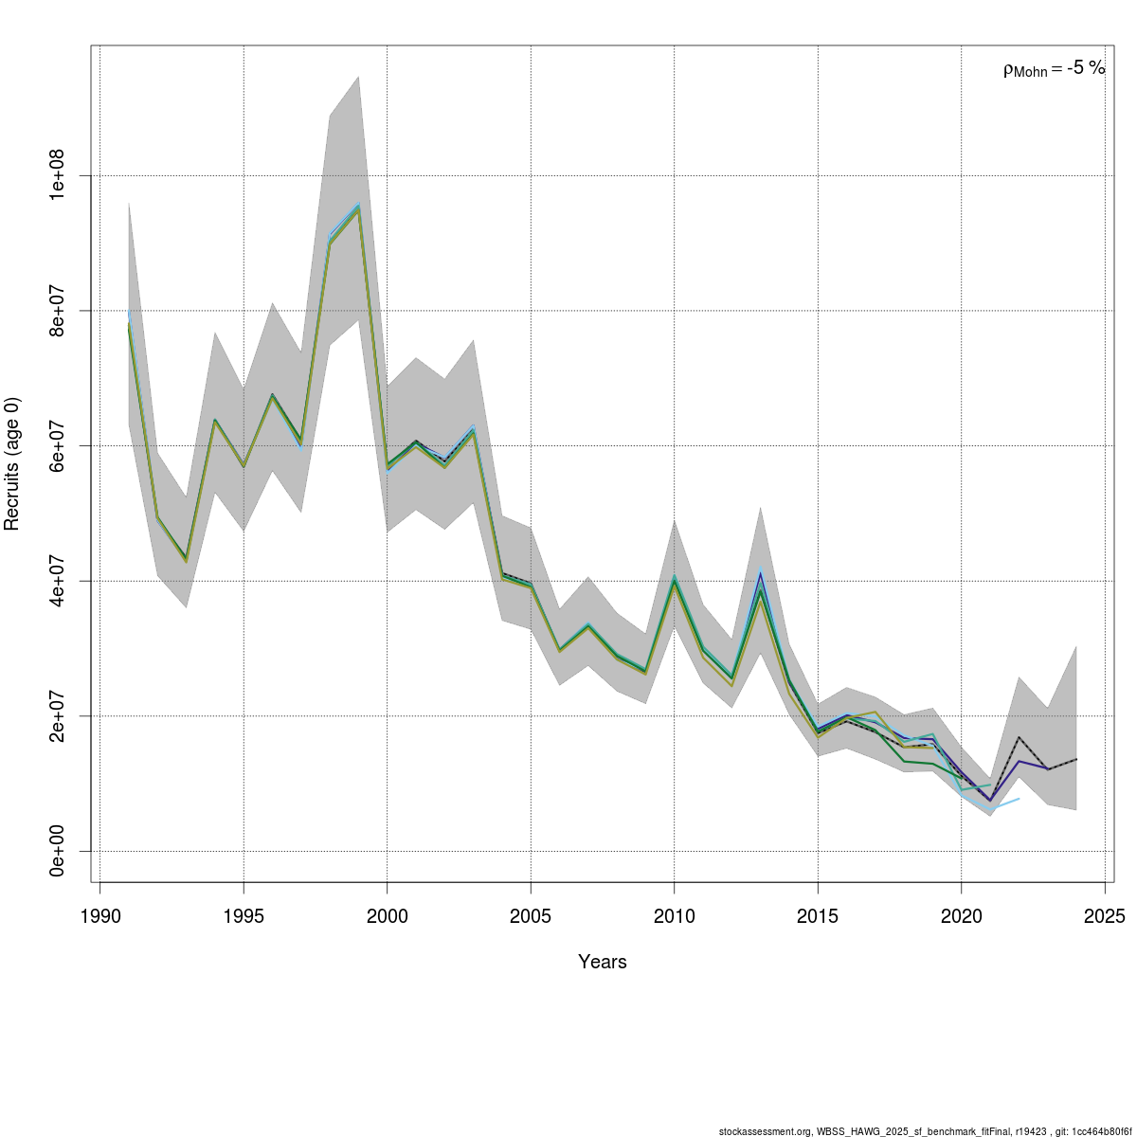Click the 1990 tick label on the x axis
click(x=100, y=916)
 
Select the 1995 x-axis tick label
click(x=244, y=916)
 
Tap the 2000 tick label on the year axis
click(x=387, y=916)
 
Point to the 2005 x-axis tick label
click(x=531, y=916)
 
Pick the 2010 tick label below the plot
click(x=674, y=916)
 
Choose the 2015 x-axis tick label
click(x=817, y=916)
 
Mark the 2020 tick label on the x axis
click(x=961, y=916)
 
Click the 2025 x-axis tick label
click(x=1104, y=916)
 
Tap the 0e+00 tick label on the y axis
click(x=57, y=851)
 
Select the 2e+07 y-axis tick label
click(x=57, y=715)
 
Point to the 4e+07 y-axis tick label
click(x=57, y=581)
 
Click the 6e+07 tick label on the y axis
click(x=57, y=445)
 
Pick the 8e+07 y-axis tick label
click(x=57, y=311)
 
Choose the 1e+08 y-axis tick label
click(x=57, y=175)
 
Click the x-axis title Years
click(x=603, y=962)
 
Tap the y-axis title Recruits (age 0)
click(x=13, y=464)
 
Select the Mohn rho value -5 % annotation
click(x=1054, y=68)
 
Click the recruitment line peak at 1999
click(x=358, y=207)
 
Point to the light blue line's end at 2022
click(x=1019, y=799)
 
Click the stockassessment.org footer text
click(x=925, y=1130)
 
